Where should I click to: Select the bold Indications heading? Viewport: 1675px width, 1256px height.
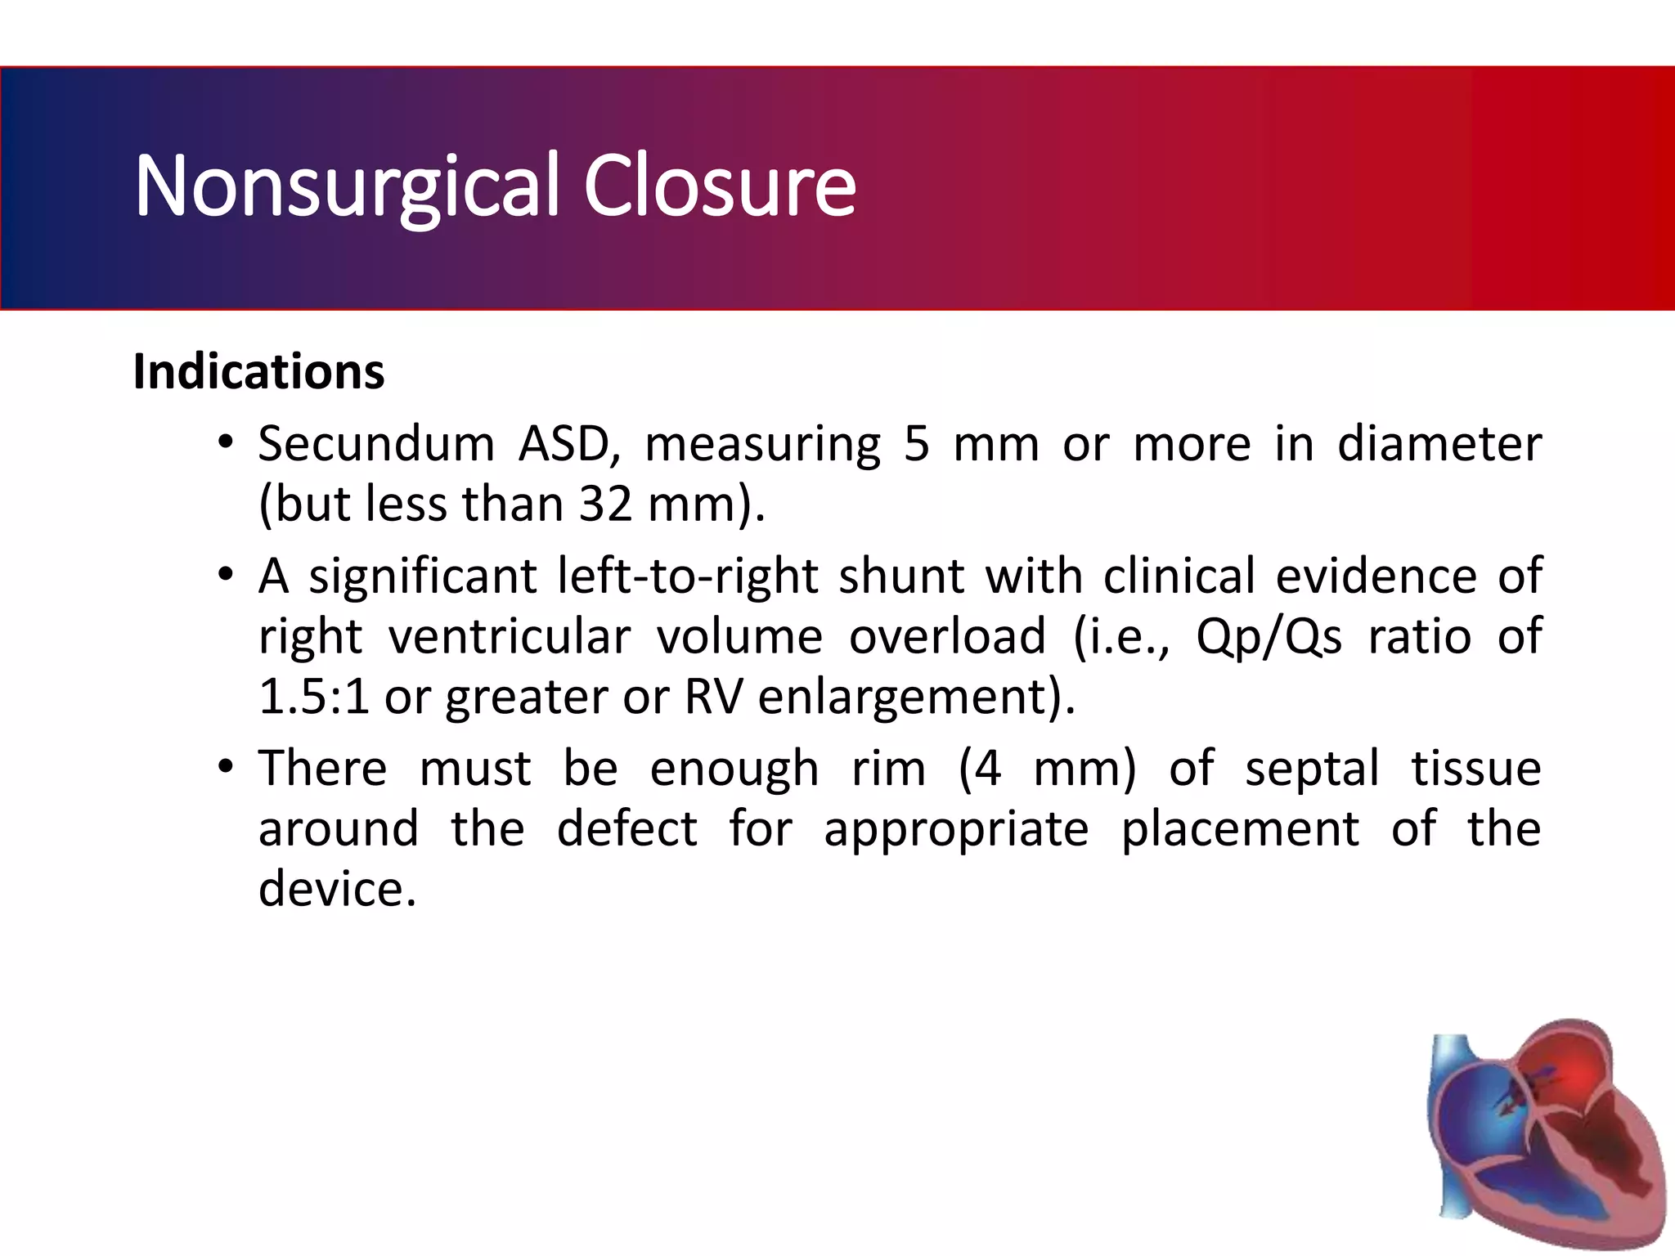pyautogui.click(x=258, y=372)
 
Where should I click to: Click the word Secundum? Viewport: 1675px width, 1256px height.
pyautogui.click(x=376, y=444)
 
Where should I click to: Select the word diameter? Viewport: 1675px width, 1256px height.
pyautogui.click(x=1439, y=444)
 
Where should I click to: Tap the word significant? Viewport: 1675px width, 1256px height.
pyautogui.click(x=422, y=576)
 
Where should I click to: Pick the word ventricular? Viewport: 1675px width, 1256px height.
pyautogui.click(x=509, y=637)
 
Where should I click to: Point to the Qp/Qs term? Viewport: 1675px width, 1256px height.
pyautogui.click(x=1269, y=637)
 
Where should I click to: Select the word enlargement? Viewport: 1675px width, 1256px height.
pyautogui.click(x=902, y=697)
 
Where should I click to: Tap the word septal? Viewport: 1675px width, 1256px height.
pyautogui.click(x=1312, y=769)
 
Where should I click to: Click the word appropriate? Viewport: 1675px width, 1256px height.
pyautogui.click(x=956, y=829)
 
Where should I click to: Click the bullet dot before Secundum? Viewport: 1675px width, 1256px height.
pyautogui.click(x=226, y=443)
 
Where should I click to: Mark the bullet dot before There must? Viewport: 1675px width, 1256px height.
pyautogui.click(x=226, y=768)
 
